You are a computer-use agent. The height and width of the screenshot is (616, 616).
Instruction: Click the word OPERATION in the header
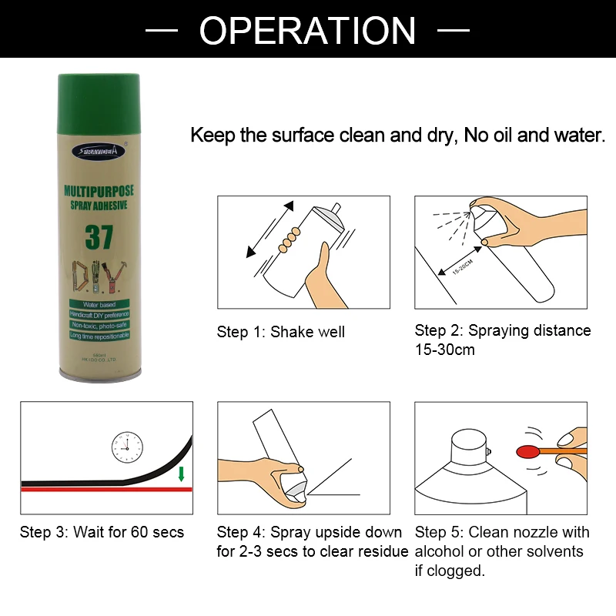(308, 30)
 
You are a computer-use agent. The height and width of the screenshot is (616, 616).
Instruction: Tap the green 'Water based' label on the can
(97, 306)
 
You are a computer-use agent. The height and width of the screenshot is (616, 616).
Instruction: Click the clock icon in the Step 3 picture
(127, 446)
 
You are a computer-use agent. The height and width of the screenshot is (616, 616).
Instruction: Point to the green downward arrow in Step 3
(182, 473)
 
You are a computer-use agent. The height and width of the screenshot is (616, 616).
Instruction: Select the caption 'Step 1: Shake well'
(281, 333)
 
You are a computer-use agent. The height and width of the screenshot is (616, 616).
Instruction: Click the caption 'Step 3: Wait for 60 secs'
(102, 532)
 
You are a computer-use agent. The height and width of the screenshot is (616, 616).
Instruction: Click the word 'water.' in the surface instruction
(578, 136)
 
